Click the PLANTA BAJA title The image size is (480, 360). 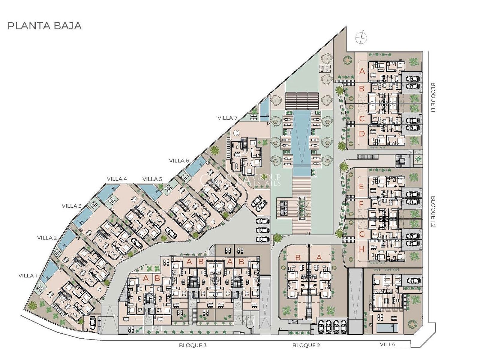(x=45, y=26)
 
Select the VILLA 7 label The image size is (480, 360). (x=227, y=118)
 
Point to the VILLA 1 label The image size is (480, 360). (x=28, y=276)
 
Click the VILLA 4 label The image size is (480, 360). (x=117, y=179)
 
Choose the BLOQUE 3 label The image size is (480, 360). (x=193, y=346)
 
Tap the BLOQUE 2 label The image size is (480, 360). (x=306, y=346)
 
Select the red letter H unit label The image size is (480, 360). (x=362, y=249)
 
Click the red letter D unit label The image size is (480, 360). (x=362, y=133)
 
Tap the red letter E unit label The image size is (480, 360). (x=361, y=187)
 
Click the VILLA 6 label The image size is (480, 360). (x=179, y=161)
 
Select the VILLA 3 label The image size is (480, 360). (x=71, y=206)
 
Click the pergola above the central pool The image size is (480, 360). (x=302, y=101)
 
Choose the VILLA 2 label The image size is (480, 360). (x=47, y=238)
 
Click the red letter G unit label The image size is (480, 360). (x=362, y=234)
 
